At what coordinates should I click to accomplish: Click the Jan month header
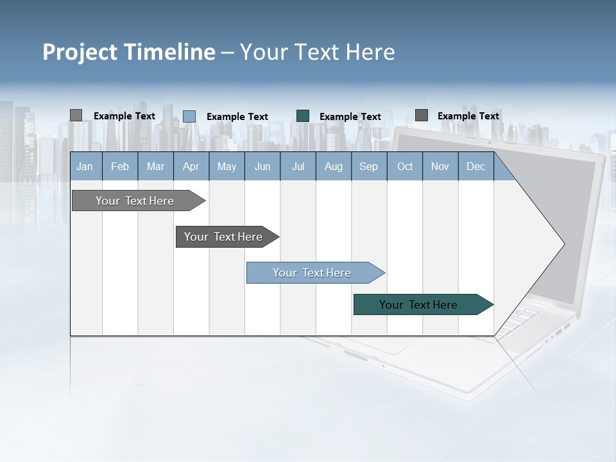point(85,166)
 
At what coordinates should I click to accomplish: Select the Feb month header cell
point(120,166)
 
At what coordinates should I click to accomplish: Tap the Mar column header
point(155,166)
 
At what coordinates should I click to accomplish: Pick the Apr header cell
point(191,166)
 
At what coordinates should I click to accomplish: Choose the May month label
point(227,166)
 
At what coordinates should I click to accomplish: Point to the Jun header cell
point(262,166)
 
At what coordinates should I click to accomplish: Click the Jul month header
point(298,166)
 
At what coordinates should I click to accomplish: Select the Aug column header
point(334,166)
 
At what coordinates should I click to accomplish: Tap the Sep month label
point(369,166)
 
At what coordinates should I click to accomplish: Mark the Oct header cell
point(405,166)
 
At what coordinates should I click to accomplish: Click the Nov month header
point(440,166)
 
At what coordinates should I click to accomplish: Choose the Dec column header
point(476,166)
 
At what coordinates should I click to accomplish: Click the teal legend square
point(303,116)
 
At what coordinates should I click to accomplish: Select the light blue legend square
point(189,116)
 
